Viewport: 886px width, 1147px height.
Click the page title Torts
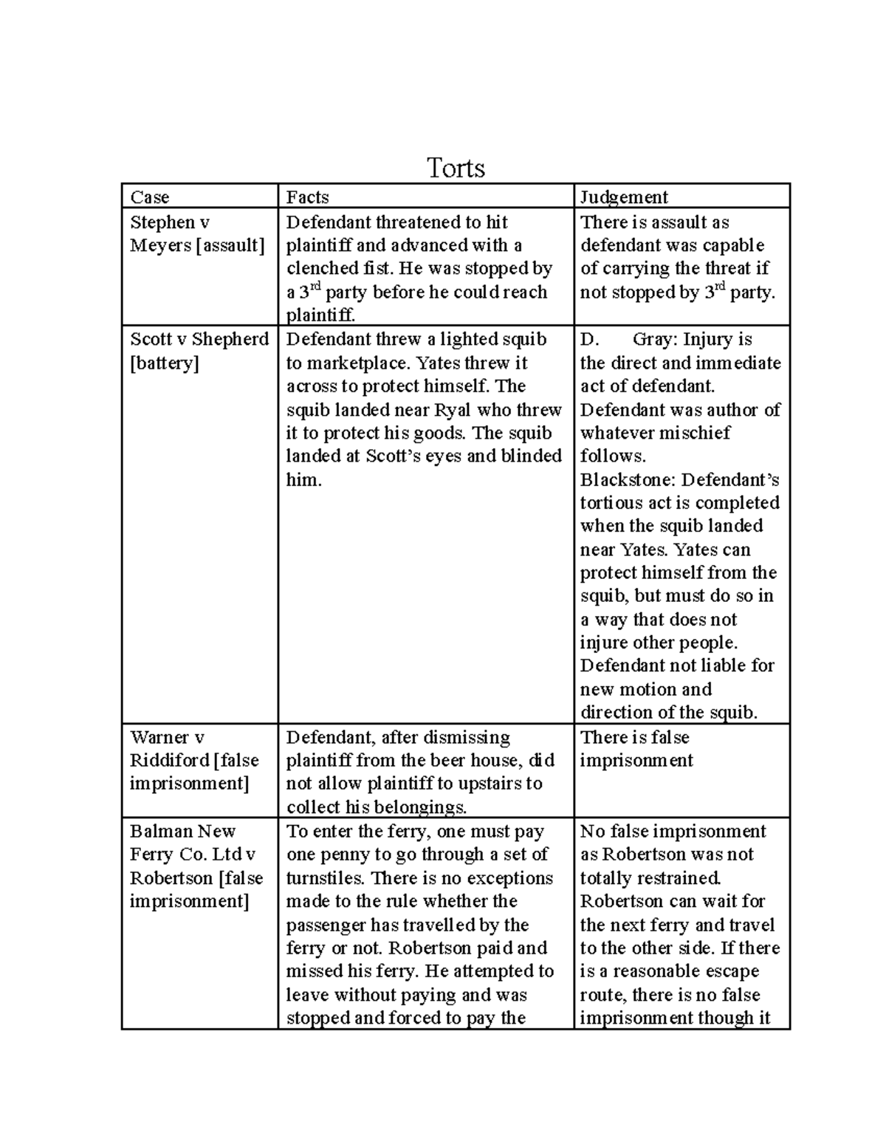coord(456,168)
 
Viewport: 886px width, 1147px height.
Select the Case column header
coord(150,197)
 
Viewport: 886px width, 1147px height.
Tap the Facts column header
coord(307,197)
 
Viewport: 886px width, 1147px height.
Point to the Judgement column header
coord(624,197)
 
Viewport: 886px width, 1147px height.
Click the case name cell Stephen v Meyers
coord(196,233)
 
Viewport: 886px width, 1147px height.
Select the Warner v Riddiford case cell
coord(195,760)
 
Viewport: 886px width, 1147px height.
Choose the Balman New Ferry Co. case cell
coord(196,866)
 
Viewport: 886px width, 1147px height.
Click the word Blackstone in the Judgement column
coord(628,479)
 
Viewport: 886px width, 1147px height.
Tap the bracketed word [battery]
coord(164,363)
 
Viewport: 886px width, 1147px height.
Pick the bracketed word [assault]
coord(230,245)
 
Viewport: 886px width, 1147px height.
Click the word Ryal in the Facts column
coord(453,410)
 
